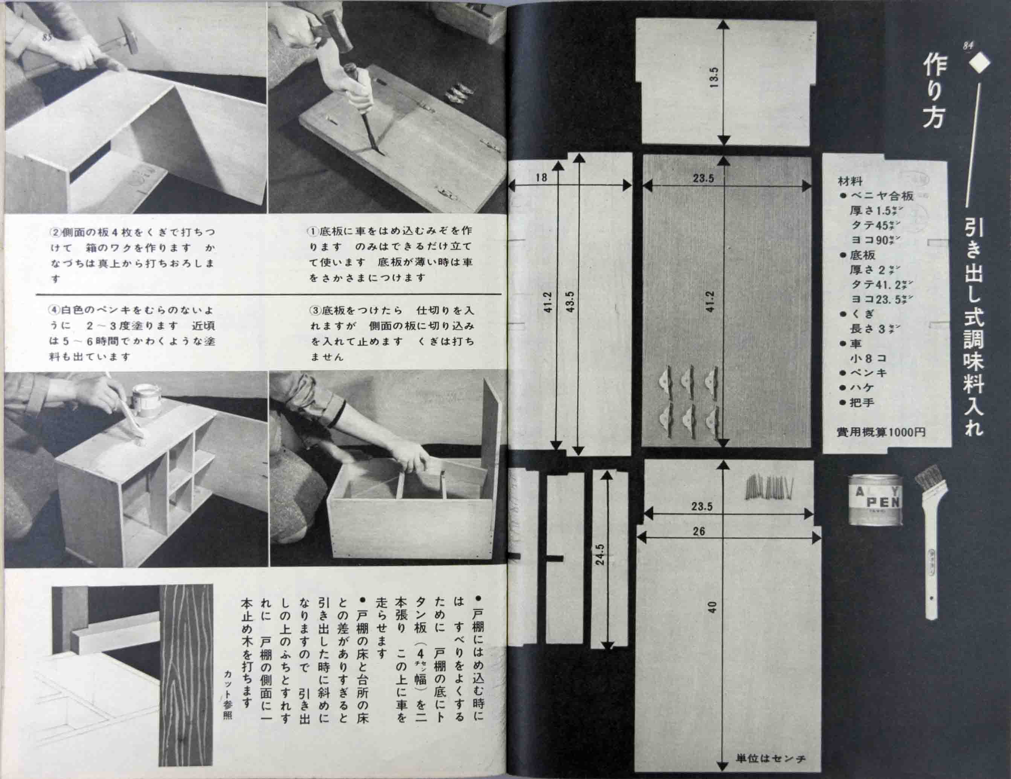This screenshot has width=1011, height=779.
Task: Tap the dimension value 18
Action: click(541, 177)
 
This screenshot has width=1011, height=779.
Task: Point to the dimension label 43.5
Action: click(570, 301)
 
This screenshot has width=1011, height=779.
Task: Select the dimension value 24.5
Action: click(600, 554)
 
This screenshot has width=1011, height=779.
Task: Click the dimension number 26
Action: click(699, 531)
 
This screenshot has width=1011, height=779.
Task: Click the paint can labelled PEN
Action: click(875, 500)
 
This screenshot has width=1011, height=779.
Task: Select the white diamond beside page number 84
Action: click(979, 63)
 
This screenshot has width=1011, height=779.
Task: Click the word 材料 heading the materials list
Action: click(850, 181)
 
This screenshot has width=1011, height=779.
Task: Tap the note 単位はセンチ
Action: click(771, 759)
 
